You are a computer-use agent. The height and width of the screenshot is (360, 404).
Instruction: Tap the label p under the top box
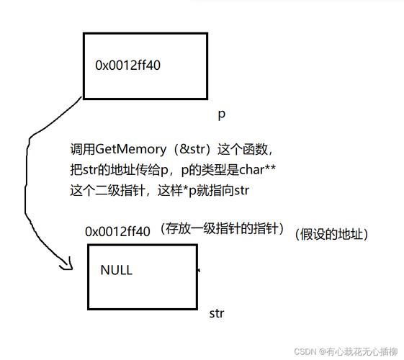(x=222, y=114)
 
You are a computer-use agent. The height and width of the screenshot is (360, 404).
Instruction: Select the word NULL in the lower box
(x=116, y=271)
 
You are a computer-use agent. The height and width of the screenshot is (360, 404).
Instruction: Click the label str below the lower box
(x=217, y=313)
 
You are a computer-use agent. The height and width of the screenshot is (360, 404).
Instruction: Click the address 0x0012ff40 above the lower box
(x=117, y=231)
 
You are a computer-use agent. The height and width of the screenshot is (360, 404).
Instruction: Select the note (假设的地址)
(x=331, y=234)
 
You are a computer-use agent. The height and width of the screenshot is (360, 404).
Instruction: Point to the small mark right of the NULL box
(x=199, y=271)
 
